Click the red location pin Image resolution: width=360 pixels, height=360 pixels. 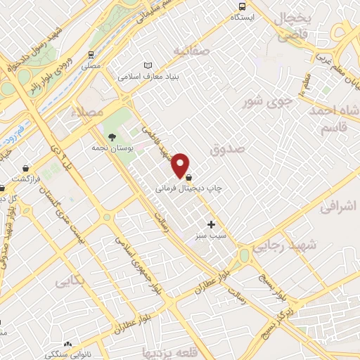(x=181, y=165)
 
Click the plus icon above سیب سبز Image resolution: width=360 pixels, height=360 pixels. (x=211, y=224)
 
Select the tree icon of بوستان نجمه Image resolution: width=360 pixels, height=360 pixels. (x=112, y=136)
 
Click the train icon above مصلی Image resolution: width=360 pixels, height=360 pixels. (x=91, y=54)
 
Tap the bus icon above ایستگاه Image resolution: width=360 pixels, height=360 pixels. (x=243, y=6)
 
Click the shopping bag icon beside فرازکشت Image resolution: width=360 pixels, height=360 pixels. (x=26, y=169)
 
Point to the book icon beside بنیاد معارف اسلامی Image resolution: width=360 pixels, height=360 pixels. (x=147, y=66)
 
